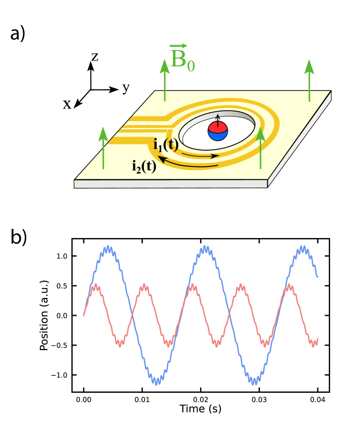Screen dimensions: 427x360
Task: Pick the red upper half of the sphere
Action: click(x=218, y=127)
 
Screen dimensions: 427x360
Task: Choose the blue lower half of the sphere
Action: click(x=218, y=136)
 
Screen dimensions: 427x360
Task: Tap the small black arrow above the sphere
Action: click(x=218, y=117)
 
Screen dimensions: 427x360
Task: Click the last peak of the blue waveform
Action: click(x=302, y=249)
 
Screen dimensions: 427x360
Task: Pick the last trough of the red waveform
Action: click(x=313, y=343)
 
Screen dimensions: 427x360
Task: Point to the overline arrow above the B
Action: click(x=178, y=46)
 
